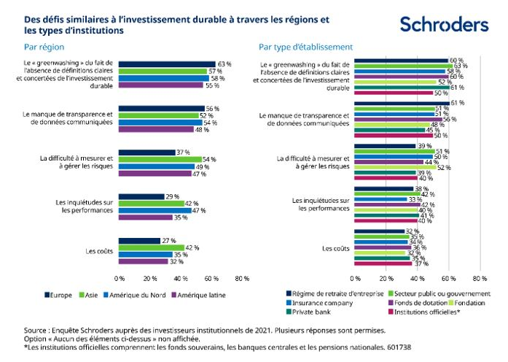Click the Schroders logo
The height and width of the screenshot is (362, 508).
[444, 25]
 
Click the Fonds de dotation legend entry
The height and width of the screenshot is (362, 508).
[414, 302]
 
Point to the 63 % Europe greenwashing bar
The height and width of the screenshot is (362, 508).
[167, 64]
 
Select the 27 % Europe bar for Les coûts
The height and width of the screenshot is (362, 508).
[139, 240]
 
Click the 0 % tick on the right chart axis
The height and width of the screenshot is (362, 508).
[355, 278]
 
